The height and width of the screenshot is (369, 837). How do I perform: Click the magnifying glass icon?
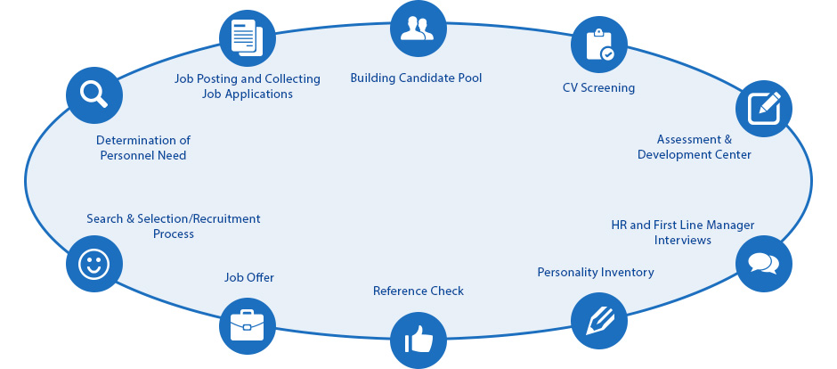[93, 94]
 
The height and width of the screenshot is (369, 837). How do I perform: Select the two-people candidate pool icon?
[417, 29]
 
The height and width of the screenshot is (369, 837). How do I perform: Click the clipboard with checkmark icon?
[598, 45]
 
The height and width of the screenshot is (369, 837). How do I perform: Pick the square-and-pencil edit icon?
[763, 109]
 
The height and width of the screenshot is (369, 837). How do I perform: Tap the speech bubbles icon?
[763, 263]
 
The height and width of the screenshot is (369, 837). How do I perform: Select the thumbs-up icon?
[417, 340]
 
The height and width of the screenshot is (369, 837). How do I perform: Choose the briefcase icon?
[247, 325]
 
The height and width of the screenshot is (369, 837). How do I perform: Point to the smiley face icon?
[93, 264]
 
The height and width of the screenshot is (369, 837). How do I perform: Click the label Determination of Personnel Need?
[143, 148]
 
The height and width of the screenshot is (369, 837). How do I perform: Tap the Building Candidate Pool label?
[416, 78]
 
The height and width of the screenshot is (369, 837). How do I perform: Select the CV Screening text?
[598, 88]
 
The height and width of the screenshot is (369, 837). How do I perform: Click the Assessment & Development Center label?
[695, 147]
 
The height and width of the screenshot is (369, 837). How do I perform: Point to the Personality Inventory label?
[596, 273]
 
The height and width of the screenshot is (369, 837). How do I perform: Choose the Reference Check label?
[418, 291]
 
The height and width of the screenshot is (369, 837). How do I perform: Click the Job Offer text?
[249, 278]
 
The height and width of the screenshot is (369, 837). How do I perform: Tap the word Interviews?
[683, 241]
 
